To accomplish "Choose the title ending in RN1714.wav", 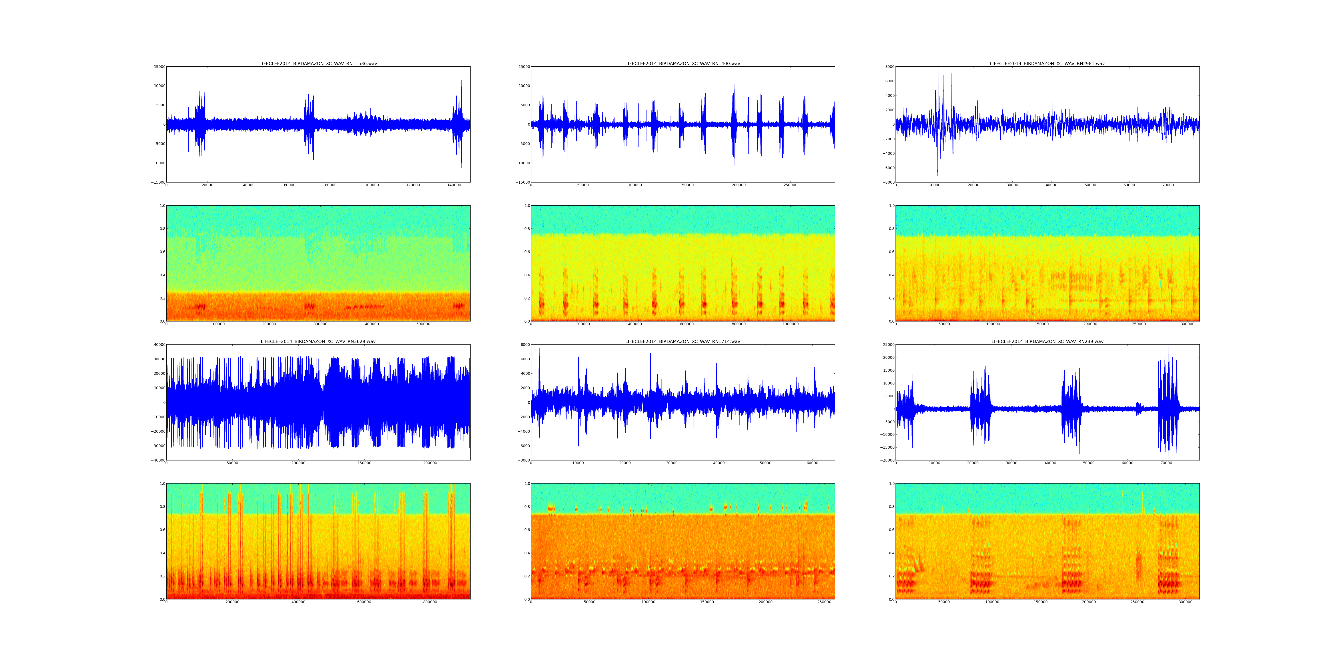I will coord(682,341).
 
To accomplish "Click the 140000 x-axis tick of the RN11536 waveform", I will coord(454,185).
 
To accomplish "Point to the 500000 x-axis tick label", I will coord(423,324).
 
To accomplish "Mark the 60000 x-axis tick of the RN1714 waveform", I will coord(812,463).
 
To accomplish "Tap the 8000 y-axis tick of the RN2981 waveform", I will coord(889,67).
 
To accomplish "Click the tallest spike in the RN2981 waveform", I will coord(937,70).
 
